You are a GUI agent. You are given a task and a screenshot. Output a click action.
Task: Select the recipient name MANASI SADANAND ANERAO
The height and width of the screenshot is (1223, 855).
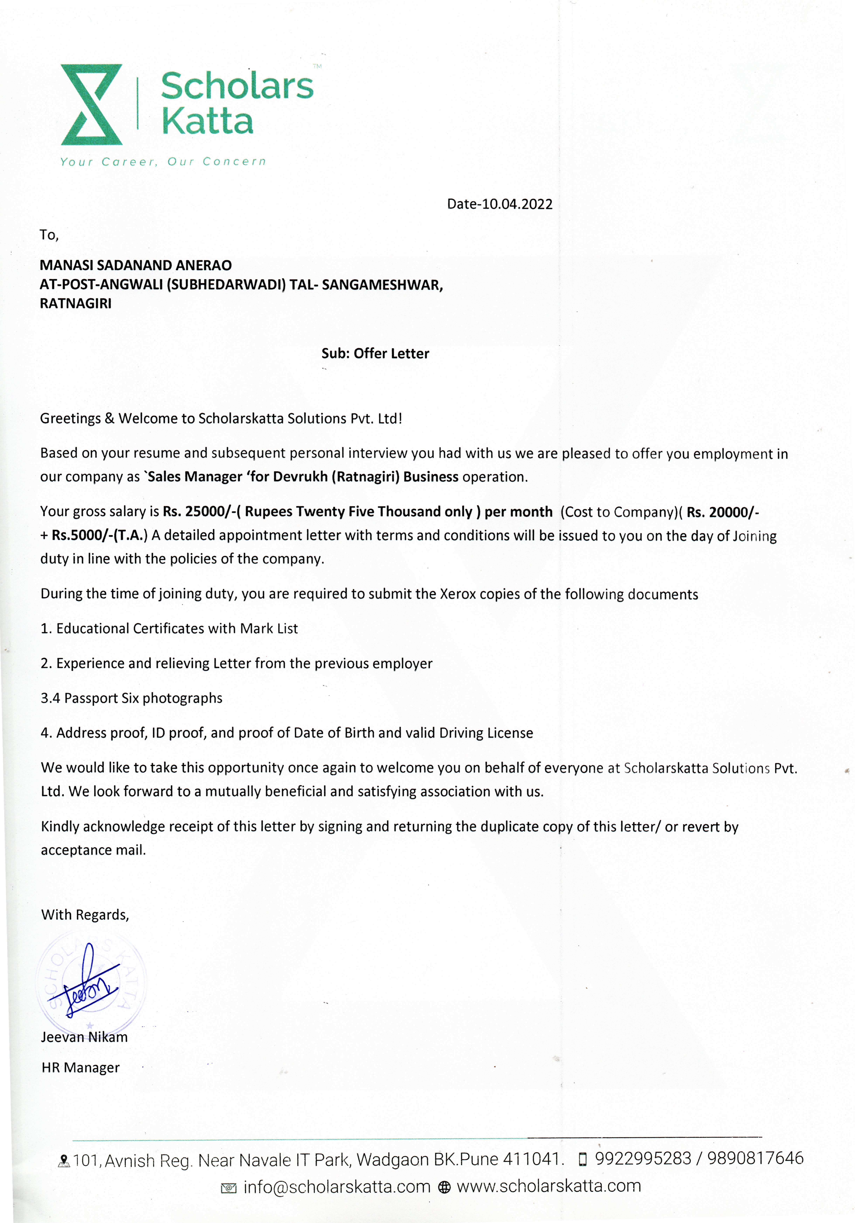[x=136, y=265]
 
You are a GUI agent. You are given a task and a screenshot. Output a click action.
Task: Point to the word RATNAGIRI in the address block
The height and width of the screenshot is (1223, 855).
[x=76, y=304]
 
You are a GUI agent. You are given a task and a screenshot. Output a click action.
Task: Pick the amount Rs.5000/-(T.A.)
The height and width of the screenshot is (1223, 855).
[x=99, y=535]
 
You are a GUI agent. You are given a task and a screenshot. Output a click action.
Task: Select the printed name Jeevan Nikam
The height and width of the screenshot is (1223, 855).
[x=84, y=1037]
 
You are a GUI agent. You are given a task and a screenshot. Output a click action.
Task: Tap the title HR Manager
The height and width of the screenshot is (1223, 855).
[x=80, y=1067]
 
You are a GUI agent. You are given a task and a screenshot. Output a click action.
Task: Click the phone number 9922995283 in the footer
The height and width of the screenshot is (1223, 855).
[x=643, y=1158]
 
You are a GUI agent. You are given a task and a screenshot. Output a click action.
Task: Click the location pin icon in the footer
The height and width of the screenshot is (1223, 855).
[x=64, y=1160]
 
